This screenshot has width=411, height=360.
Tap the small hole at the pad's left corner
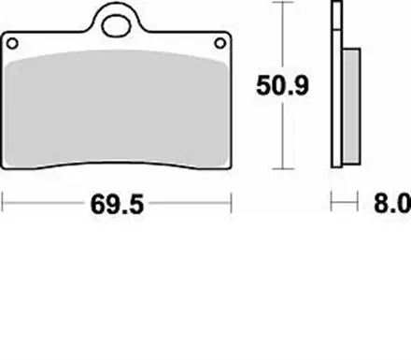pyautogui.click(x=13, y=42)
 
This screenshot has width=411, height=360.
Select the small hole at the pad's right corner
pyautogui.click(x=221, y=42)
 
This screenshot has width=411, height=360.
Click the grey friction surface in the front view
pyautogui.click(x=119, y=108)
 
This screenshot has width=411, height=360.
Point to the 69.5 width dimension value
pyautogui.click(x=119, y=201)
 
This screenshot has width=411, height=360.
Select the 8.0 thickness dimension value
pyautogui.click(x=391, y=201)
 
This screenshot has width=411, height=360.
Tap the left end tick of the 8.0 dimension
pyautogui.click(x=333, y=200)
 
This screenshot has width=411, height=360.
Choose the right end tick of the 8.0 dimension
pyautogui.click(x=359, y=200)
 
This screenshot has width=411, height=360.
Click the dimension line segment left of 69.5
pyautogui.click(x=47, y=200)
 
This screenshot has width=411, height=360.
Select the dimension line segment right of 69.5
pyautogui.click(x=191, y=200)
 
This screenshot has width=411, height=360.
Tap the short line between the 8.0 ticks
pyautogui.click(x=346, y=200)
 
